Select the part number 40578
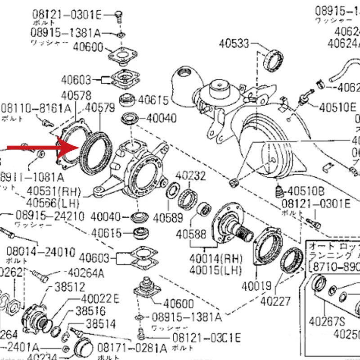pos(76,95)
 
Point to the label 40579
pos(100,108)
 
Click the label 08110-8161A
pos(36,108)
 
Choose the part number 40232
pos(190,175)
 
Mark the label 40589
pos(168,218)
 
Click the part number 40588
pos(191,234)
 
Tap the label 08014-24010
pos(35,251)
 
